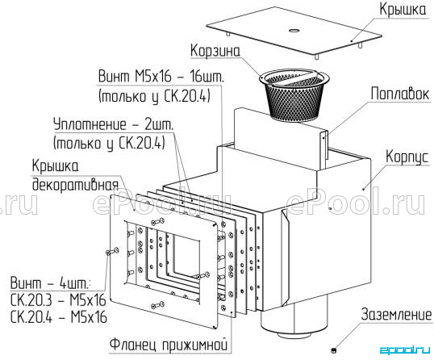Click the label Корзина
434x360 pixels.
(215, 51)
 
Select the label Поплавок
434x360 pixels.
(400, 94)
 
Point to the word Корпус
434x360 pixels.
(407, 157)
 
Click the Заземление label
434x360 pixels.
(396, 314)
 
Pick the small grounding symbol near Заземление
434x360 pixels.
(334, 350)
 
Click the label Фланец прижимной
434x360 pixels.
(169, 345)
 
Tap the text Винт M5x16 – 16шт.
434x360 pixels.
(161, 76)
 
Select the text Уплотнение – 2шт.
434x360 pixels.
(114, 124)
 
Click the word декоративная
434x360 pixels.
(75, 183)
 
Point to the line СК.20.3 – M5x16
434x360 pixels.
(58, 299)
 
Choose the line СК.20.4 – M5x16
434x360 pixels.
(58, 316)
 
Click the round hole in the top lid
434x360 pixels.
(294, 30)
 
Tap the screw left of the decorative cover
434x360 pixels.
(112, 252)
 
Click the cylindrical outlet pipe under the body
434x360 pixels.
(294, 321)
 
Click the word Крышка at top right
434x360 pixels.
(403, 10)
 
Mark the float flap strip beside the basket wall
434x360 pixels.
(324, 149)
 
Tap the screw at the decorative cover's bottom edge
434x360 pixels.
(157, 304)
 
